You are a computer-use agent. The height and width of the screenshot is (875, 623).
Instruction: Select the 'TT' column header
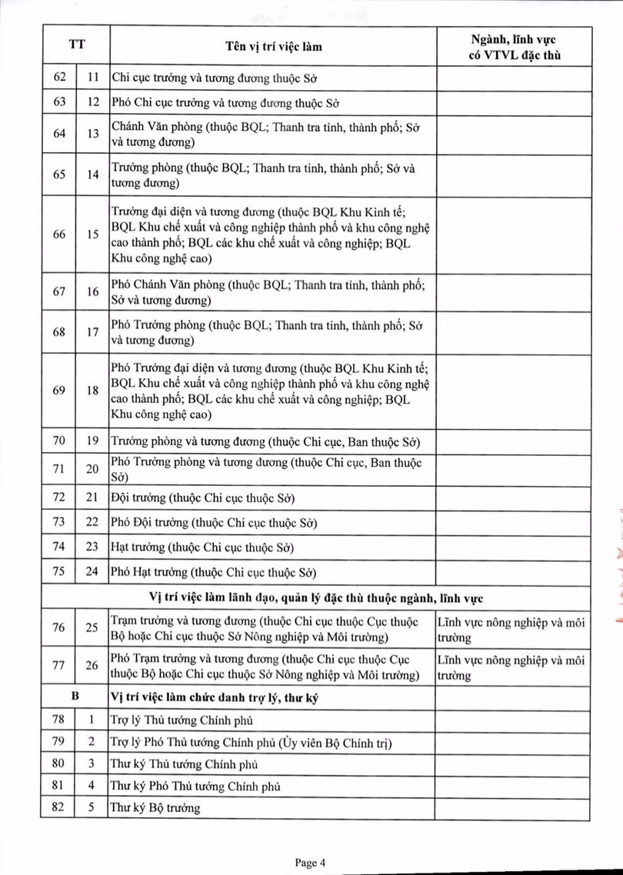(x=75, y=46)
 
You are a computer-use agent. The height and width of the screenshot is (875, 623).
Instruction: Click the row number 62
(x=58, y=78)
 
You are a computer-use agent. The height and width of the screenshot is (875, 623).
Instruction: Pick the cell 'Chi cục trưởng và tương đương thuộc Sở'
(x=215, y=78)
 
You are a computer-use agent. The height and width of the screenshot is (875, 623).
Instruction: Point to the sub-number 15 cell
(x=92, y=235)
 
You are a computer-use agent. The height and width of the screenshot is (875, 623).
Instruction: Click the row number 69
(x=58, y=391)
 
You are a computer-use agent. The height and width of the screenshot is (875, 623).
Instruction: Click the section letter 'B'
(x=75, y=698)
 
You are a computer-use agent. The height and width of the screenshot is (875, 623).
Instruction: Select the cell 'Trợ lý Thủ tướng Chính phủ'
(x=182, y=720)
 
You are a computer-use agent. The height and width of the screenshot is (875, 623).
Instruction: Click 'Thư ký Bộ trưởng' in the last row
(x=155, y=808)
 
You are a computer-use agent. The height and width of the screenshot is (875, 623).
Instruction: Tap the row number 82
(x=58, y=808)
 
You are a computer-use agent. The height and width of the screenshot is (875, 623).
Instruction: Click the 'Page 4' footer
(x=311, y=863)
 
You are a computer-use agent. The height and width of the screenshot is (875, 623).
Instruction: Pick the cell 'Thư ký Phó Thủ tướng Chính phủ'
(x=195, y=787)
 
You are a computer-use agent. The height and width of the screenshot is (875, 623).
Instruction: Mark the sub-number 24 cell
(x=92, y=572)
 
